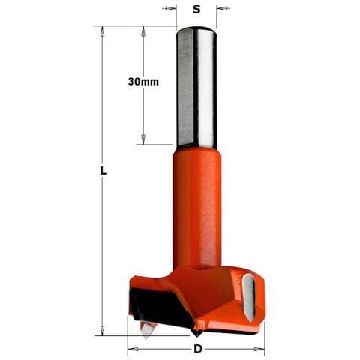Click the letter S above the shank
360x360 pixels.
196,9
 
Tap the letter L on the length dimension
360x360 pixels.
103,170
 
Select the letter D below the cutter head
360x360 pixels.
198,349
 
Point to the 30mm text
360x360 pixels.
143,82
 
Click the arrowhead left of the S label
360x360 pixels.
170,9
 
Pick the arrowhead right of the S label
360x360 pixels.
223,8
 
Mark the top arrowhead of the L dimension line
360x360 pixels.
102,31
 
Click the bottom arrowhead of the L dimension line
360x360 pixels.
102,330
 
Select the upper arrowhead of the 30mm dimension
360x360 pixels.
143,31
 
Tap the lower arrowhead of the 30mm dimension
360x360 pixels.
143,139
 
